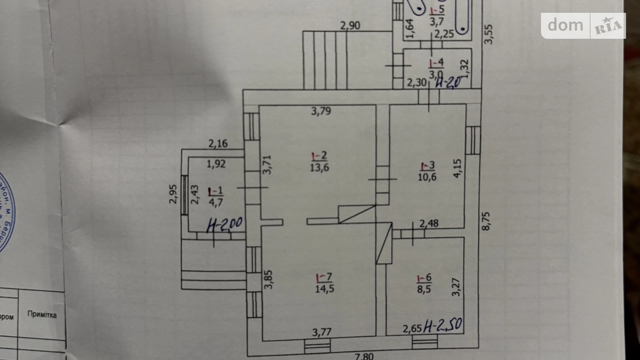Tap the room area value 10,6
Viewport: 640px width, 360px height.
pos(427,177)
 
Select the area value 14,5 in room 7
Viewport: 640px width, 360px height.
pos(324,288)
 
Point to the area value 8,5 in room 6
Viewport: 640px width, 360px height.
pos(424,289)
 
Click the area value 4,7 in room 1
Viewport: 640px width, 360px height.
pos(216,202)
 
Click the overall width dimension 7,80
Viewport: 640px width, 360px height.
pos(364,356)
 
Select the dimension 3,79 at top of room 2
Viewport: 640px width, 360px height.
pos(321,111)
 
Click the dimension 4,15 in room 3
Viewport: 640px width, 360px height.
pos(457,168)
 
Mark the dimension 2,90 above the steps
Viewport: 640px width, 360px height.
pos(350,26)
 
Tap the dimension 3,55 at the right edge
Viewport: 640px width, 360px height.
pos(488,34)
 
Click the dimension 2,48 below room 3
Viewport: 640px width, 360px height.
pos(429,223)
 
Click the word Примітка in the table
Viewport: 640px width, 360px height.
pos(42,315)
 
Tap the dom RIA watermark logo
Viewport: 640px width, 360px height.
pos(583,26)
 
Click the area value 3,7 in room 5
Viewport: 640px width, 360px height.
pos(437,21)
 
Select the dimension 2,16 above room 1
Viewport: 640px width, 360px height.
pos(218,143)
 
